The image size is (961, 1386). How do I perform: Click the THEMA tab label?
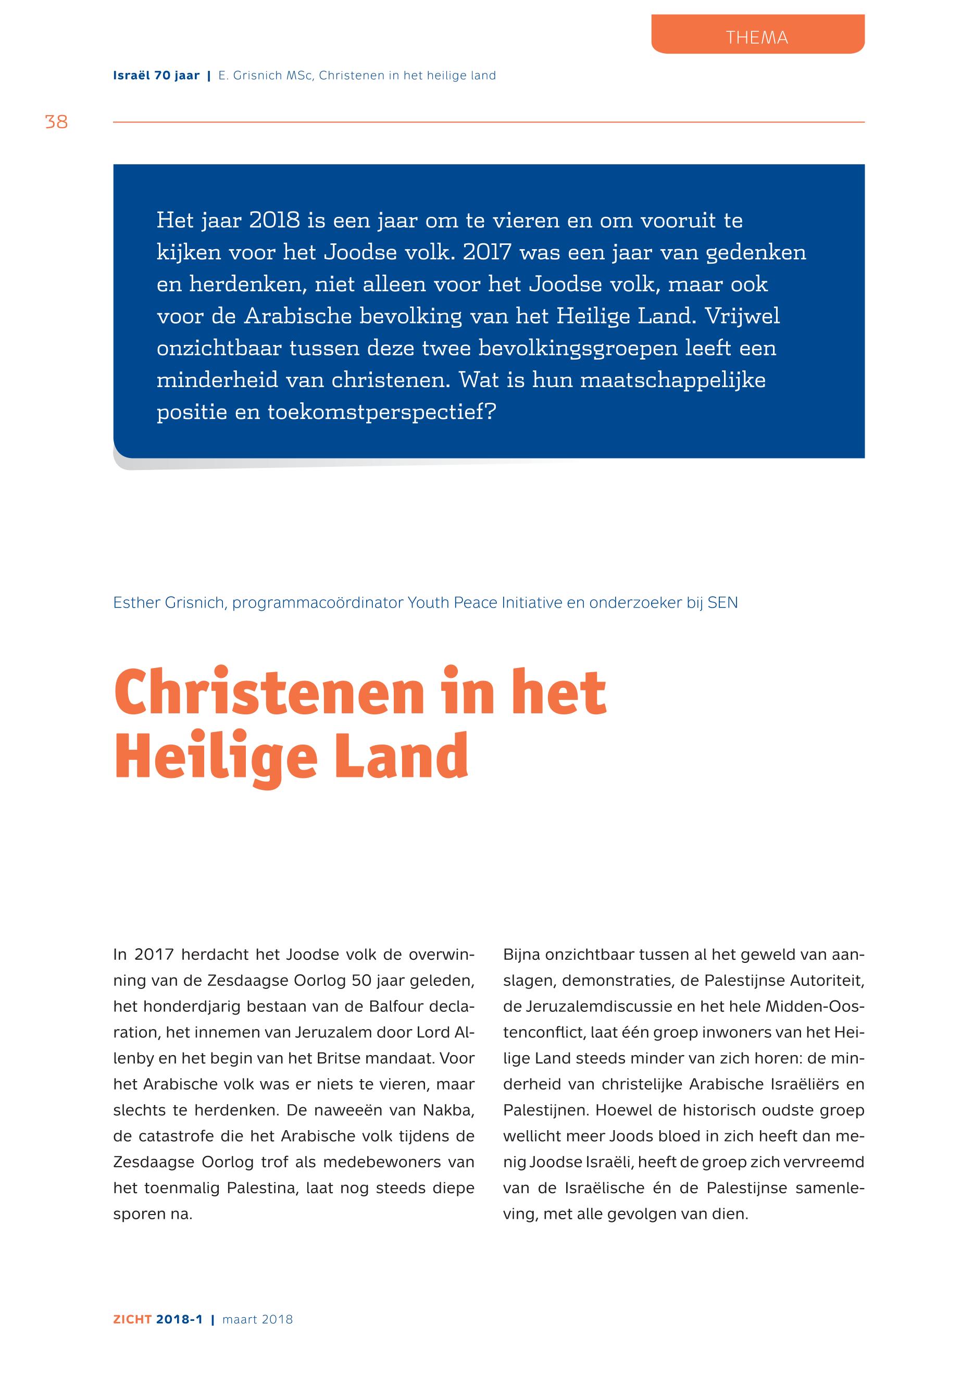point(757,38)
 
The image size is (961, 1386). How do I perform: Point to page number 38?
point(57,122)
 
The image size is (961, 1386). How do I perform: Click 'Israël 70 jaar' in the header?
point(156,76)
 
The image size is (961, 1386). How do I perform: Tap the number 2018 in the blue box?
point(274,220)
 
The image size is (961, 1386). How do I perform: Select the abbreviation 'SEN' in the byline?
point(722,603)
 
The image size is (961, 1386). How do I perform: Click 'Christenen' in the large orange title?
point(269,694)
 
